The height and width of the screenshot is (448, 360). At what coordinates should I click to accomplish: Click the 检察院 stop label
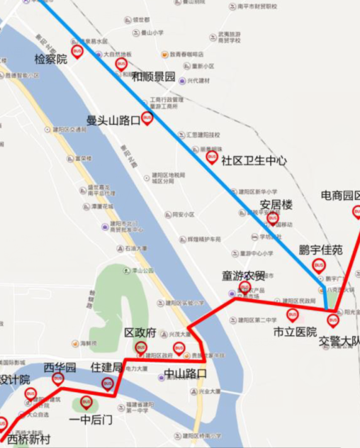[51, 60]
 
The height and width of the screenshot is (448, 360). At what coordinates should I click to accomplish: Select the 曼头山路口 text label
[113, 121]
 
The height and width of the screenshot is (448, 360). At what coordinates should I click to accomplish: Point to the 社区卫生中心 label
[254, 161]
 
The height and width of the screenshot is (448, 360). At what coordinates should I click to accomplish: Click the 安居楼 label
[276, 205]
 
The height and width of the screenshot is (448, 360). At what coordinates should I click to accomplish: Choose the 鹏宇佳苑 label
[320, 250]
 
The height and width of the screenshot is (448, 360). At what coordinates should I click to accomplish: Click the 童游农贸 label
[244, 275]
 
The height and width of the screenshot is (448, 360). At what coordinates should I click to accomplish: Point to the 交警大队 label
[339, 340]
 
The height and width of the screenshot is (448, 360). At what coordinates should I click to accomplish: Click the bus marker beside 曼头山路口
[147, 118]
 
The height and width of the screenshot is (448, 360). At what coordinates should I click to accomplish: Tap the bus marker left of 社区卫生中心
[211, 157]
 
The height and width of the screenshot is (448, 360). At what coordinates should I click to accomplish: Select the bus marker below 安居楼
[272, 218]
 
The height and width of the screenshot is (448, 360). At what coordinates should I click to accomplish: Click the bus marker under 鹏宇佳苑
[319, 265]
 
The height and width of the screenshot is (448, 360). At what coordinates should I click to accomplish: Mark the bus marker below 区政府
[141, 347]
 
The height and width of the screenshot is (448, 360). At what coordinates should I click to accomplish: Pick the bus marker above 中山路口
[179, 348]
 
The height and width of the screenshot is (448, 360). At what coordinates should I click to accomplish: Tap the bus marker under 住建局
[108, 383]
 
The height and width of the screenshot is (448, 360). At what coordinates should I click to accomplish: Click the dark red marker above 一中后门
[86, 403]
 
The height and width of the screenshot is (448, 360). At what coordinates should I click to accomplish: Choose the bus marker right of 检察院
[78, 51]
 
